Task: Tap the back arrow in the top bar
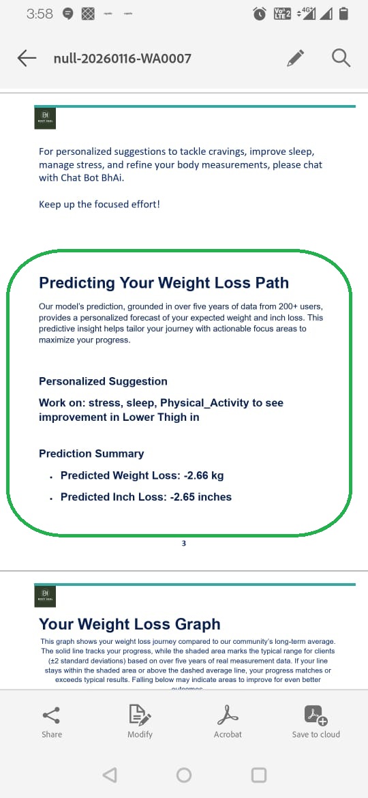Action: (x=27, y=58)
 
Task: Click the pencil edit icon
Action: (x=295, y=58)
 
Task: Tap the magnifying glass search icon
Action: (x=341, y=58)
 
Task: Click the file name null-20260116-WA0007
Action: (x=122, y=59)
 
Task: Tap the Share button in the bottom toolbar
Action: (x=51, y=722)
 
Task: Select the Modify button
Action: (x=140, y=722)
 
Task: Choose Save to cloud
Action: (x=316, y=722)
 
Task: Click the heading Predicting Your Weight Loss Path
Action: (x=164, y=283)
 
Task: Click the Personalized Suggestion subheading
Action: (x=103, y=381)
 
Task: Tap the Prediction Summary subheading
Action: (x=91, y=454)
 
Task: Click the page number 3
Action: (x=184, y=543)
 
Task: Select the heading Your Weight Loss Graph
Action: (x=129, y=624)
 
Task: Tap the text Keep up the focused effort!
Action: (x=99, y=204)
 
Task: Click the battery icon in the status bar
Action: (x=344, y=14)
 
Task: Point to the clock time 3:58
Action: (x=40, y=14)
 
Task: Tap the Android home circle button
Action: (x=184, y=775)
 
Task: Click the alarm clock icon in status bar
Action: (x=259, y=14)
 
